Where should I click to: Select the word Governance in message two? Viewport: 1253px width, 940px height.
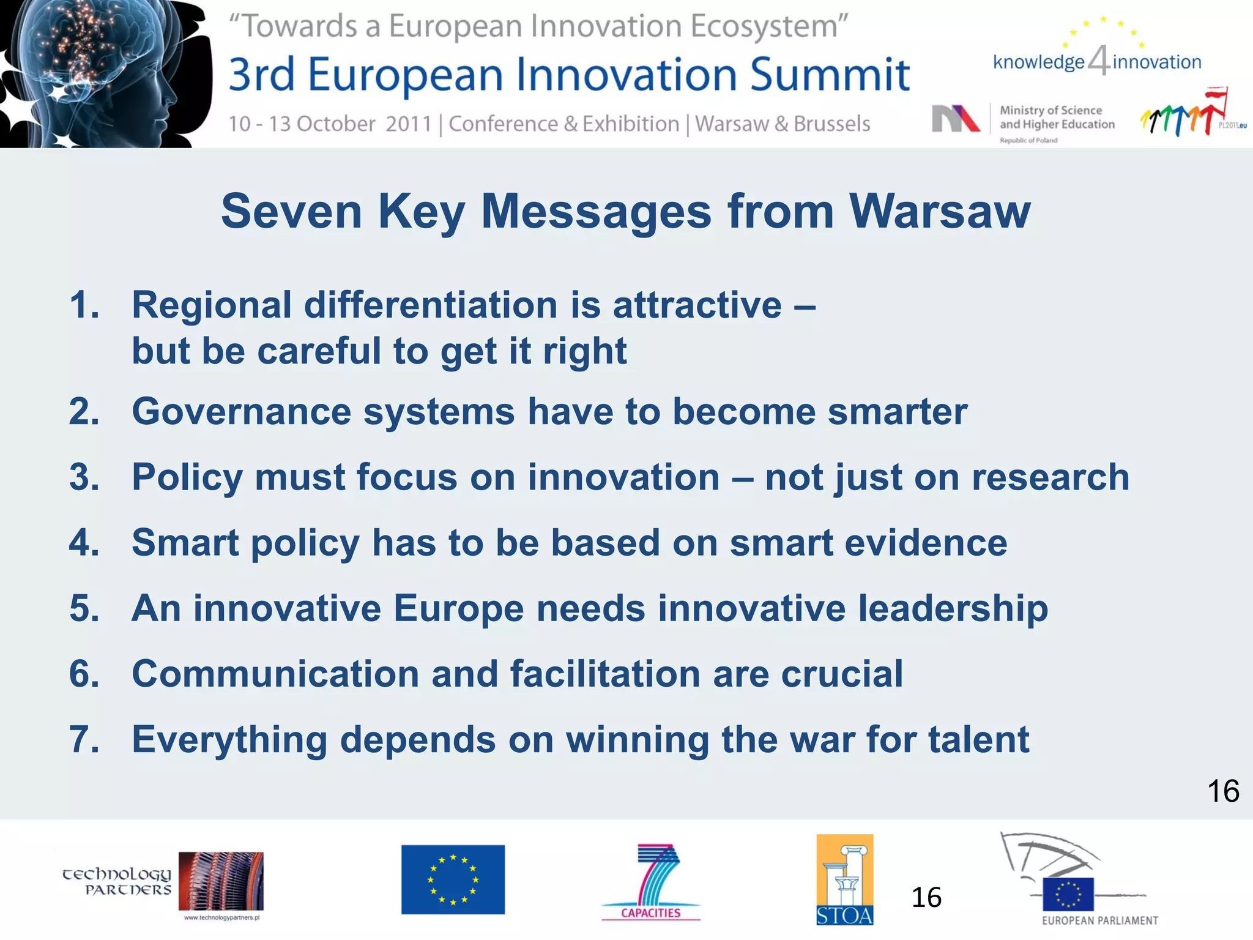coord(241,411)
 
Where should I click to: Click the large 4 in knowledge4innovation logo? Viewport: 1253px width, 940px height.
coord(1099,61)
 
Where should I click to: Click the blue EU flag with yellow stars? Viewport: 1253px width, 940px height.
coord(453,880)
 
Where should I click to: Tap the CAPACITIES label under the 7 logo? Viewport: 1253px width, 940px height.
coord(650,913)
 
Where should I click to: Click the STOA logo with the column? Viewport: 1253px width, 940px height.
coord(844,880)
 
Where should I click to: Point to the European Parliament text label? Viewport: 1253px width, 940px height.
coord(1099,920)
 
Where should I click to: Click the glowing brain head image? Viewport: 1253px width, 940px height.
coord(104,70)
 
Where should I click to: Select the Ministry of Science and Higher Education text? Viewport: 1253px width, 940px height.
coord(1056,117)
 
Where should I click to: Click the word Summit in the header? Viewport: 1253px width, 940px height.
coord(830,75)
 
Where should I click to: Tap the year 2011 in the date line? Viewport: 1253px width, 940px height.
coord(409,124)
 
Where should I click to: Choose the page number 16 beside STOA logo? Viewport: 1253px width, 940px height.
coord(926,898)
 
